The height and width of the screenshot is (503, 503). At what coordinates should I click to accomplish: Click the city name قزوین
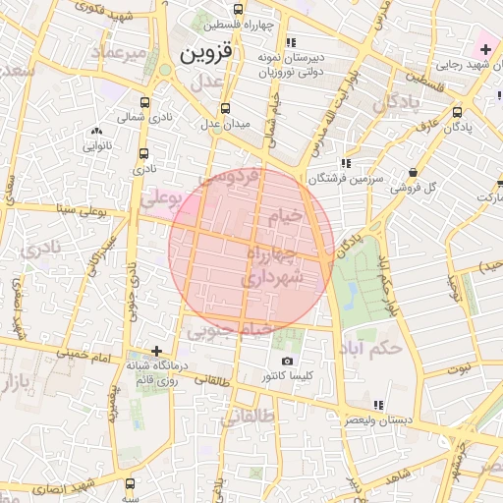click(x=210, y=53)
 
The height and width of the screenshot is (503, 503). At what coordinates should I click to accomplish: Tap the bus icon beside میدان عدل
click(x=225, y=108)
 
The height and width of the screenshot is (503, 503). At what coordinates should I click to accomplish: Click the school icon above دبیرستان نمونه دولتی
click(x=290, y=43)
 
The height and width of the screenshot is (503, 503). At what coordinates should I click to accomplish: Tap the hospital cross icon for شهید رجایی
click(x=485, y=48)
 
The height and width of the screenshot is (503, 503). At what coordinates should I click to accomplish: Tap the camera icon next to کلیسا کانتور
click(x=286, y=362)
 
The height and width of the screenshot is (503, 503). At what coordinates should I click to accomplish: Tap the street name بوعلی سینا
click(x=85, y=208)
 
